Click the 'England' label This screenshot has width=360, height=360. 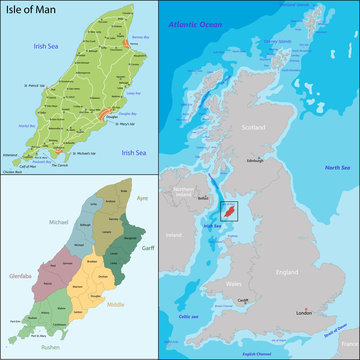coord(287,272)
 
